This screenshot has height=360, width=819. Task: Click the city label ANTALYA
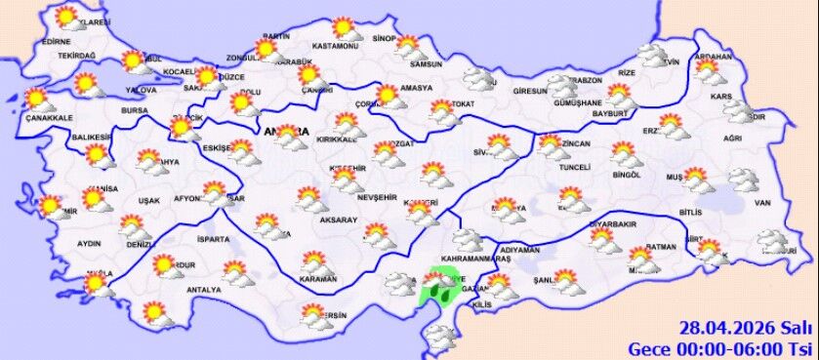205,290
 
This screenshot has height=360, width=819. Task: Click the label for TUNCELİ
571,168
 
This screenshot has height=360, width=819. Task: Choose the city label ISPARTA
213,238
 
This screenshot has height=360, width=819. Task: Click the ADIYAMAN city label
517,250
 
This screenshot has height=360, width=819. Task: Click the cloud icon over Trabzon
562,85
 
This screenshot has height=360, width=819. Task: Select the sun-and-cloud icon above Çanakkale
37,99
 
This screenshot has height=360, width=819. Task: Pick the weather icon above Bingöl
625,154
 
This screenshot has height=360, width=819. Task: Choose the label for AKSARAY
338,220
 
